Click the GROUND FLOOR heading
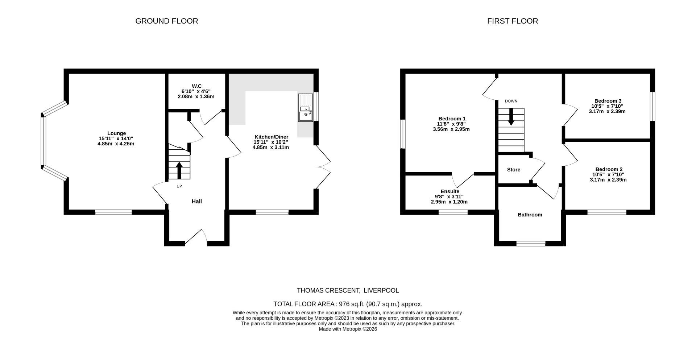coord(166,21)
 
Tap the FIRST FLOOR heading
coord(512,21)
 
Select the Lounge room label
coord(116,133)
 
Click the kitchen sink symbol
coord(305,108)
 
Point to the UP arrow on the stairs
coord(179,170)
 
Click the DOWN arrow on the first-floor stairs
coord(511,117)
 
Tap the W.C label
coord(196,86)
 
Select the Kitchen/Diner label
coord(271,137)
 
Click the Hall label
coord(196,201)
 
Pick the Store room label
coord(513,170)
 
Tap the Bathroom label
coord(530,215)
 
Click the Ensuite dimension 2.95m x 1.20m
coord(449,202)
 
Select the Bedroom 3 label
coord(608,101)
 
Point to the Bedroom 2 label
coord(609,169)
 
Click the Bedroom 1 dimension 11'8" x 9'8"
coord(451,124)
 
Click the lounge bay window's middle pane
coord(43,141)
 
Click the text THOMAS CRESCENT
coord(328,290)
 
